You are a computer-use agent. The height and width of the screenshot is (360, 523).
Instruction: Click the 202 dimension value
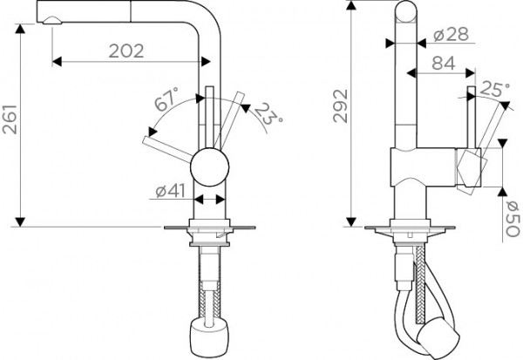pos(126,51)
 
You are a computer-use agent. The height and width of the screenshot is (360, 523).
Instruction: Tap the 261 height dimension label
pos(10,119)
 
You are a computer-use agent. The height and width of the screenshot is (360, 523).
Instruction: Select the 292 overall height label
pos(341,106)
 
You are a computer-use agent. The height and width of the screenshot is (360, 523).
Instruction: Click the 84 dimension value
pos(444,63)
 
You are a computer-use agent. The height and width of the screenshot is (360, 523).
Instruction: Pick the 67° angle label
pos(166,99)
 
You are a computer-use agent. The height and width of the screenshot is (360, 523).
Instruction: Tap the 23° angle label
pos(269,114)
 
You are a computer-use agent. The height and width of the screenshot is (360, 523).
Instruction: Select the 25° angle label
pos(494,89)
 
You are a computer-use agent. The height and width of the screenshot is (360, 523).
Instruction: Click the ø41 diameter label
pos(170,191)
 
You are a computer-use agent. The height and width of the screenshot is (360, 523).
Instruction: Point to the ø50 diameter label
pos(513,219)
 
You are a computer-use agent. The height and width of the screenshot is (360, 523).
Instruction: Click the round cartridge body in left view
pos(209,167)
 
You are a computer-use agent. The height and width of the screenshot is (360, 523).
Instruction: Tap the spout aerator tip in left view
pos(52,20)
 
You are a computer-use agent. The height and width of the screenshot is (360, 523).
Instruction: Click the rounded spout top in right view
pos(406,10)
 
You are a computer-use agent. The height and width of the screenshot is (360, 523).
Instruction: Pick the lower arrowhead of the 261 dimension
pos(20,222)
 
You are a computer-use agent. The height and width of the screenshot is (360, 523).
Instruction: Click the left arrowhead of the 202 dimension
pos(57,62)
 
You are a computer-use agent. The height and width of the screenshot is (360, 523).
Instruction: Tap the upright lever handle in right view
pos(472,117)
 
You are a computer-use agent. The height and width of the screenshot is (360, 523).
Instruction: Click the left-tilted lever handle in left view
pos(167,149)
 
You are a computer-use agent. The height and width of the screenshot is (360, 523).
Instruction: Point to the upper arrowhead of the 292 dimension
pos(351,5)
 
